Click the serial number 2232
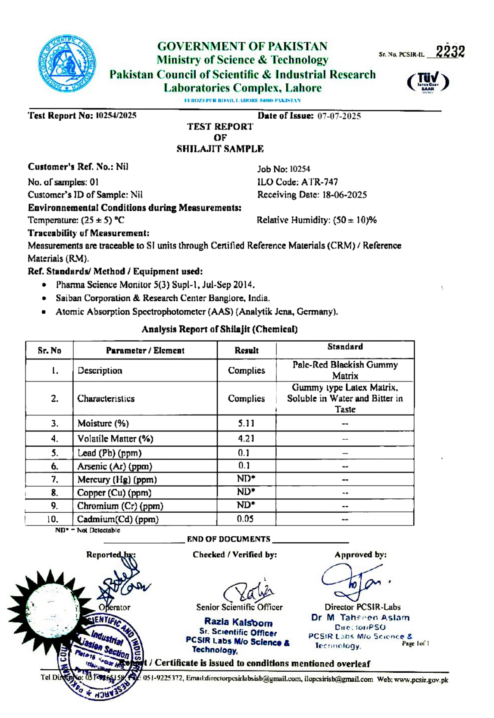450,52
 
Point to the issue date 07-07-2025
339,116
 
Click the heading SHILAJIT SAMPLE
220,149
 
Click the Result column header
246,350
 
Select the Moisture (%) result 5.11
246,423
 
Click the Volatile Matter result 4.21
246,438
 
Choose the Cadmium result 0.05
245,519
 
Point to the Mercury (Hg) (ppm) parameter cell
117,479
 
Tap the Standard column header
345,346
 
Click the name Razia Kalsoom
238,622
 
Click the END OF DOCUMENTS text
228,539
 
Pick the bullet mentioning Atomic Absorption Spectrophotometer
197,312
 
